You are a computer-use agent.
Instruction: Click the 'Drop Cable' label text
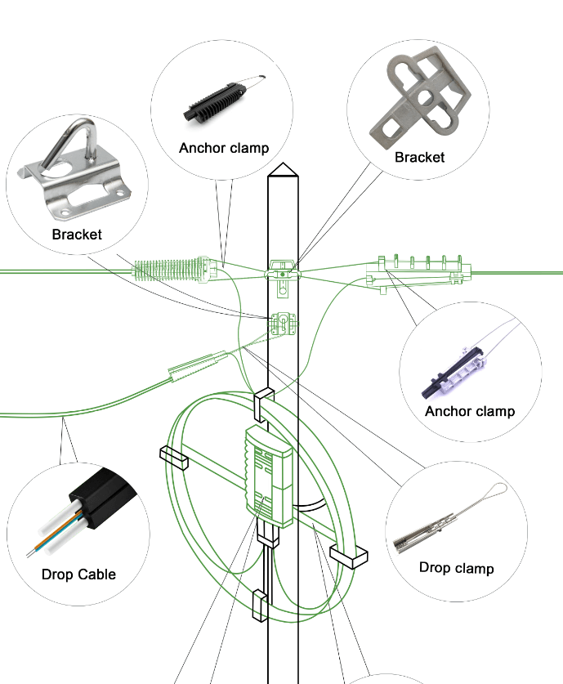(x=78, y=574)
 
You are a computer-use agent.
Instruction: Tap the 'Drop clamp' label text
(x=456, y=567)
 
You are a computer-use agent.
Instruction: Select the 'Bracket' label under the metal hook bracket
(x=77, y=235)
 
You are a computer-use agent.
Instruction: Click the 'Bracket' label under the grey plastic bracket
(x=419, y=157)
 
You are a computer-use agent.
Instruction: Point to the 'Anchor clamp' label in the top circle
(x=224, y=148)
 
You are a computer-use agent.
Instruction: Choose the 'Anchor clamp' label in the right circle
(x=470, y=411)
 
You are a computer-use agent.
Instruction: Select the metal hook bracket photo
(x=78, y=176)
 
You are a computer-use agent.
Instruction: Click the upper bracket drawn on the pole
(x=283, y=270)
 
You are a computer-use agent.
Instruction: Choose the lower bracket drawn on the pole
(x=283, y=324)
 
